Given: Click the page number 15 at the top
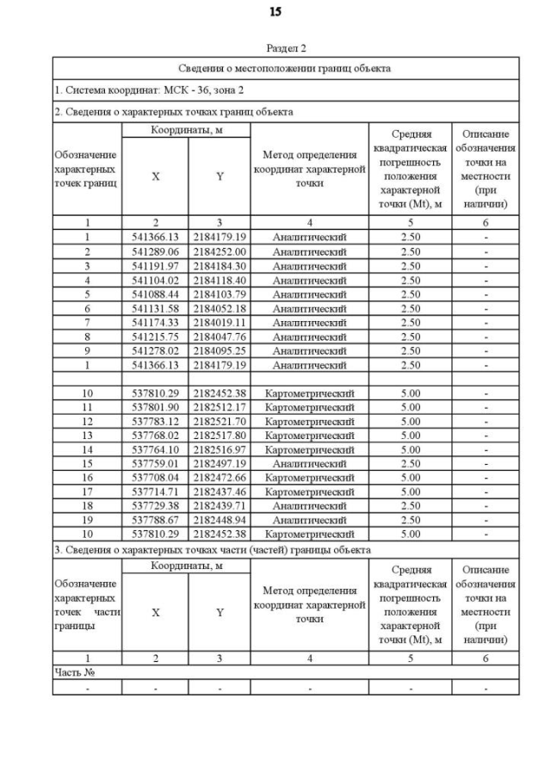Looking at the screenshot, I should (275, 12).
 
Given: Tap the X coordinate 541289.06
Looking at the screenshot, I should (155, 251).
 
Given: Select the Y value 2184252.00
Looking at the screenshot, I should (220, 251).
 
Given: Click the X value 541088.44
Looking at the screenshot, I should (155, 294).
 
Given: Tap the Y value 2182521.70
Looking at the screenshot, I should (220, 421).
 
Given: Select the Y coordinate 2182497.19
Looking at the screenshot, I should (220, 463).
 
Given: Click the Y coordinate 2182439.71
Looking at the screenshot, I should (220, 505).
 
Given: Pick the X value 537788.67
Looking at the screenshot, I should (155, 520).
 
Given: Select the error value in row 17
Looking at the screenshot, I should (410, 492).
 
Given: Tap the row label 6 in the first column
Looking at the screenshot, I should (87, 308).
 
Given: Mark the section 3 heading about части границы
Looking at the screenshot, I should (213, 549).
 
